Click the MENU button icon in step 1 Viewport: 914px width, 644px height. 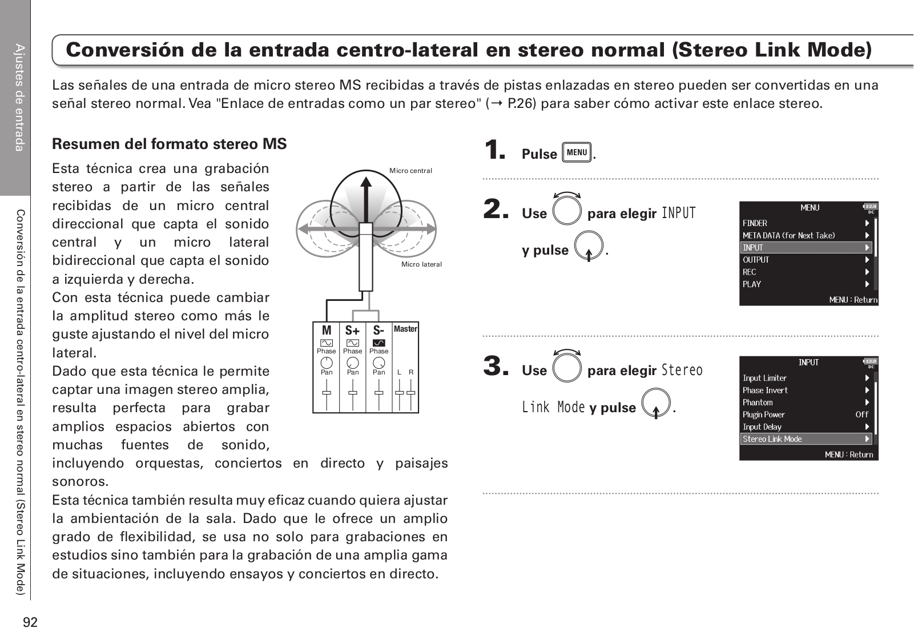point(577,152)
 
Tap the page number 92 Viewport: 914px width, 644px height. point(30,622)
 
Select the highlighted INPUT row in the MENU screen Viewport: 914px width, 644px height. point(806,248)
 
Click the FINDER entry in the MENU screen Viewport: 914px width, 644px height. point(755,223)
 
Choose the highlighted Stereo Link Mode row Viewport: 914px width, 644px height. point(806,439)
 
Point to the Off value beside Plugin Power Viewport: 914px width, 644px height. point(861,414)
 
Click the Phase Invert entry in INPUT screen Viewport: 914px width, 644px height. point(765,391)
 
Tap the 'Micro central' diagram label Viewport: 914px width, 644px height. point(410,171)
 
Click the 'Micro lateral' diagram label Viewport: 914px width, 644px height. point(421,264)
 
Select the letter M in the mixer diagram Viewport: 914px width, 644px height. point(327,331)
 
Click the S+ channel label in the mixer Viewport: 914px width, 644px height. point(353,331)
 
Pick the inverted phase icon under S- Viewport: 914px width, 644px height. point(379,343)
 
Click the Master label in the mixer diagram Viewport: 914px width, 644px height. point(405,329)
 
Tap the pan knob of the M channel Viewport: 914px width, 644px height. point(327,362)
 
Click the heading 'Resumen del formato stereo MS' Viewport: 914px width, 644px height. point(169,144)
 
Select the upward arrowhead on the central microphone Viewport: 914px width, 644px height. point(367,178)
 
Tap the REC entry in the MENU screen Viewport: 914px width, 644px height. point(749,272)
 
